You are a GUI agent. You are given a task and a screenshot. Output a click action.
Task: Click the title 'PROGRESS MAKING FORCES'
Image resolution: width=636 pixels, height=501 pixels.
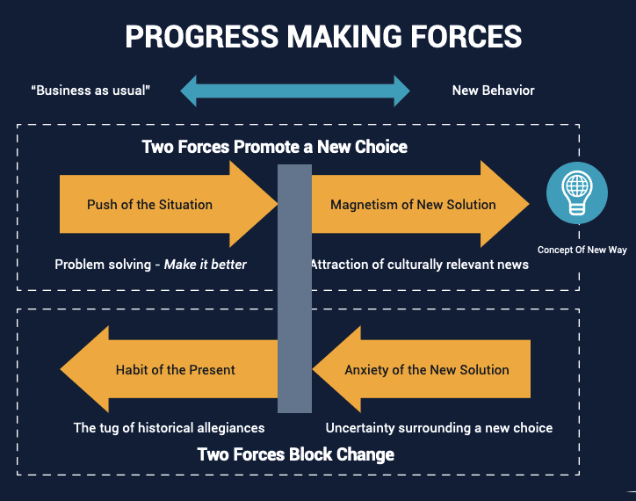[323, 37]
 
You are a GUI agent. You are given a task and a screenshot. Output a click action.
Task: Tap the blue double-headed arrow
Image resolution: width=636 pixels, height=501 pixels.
[295, 91]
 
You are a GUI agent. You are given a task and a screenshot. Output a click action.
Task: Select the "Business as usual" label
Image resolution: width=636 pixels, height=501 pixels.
[90, 91]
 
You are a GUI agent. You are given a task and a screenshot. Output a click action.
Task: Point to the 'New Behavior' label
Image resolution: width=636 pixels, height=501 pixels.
[493, 91]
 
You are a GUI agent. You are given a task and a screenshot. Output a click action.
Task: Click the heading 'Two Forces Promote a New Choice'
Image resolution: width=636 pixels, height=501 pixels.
[275, 147]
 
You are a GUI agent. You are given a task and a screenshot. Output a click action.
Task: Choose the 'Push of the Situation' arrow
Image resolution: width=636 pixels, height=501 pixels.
[169, 204]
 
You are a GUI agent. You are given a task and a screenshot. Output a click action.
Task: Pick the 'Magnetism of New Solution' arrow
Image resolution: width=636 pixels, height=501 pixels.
[421, 204]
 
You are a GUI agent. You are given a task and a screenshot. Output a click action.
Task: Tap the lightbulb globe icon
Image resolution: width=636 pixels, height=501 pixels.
[577, 192]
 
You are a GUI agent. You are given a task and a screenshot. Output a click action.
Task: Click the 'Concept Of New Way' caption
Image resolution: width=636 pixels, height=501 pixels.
[582, 250]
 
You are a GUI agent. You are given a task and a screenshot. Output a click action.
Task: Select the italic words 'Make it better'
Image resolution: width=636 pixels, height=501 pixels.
[206, 265]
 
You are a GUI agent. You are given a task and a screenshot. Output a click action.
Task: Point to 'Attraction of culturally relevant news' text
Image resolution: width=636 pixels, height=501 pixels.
[420, 265]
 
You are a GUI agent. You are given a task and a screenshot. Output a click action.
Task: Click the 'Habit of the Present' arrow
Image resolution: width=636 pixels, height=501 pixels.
[169, 369]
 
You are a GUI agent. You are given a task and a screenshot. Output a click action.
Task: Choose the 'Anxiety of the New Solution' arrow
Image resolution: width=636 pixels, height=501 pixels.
[422, 369]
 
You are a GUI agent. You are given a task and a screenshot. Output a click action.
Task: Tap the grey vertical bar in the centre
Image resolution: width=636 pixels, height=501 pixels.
[294, 288]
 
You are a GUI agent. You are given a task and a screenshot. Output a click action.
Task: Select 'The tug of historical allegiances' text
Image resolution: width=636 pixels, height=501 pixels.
[170, 427]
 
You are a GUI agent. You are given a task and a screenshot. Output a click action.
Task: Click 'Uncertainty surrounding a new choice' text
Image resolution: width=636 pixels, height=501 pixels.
[439, 427]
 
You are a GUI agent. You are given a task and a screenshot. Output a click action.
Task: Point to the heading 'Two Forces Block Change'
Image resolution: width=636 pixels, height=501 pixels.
[296, 454]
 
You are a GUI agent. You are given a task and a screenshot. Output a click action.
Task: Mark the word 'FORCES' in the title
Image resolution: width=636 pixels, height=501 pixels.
[466, 37]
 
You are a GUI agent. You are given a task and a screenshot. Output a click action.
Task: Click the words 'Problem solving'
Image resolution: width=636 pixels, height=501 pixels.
[103, 265]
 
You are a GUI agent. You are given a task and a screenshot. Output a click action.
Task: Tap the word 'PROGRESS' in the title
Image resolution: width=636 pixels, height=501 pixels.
[201, 37]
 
